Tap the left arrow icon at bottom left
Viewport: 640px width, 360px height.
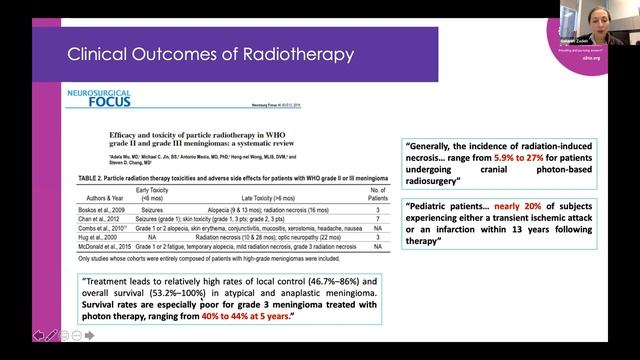(38, 334)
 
